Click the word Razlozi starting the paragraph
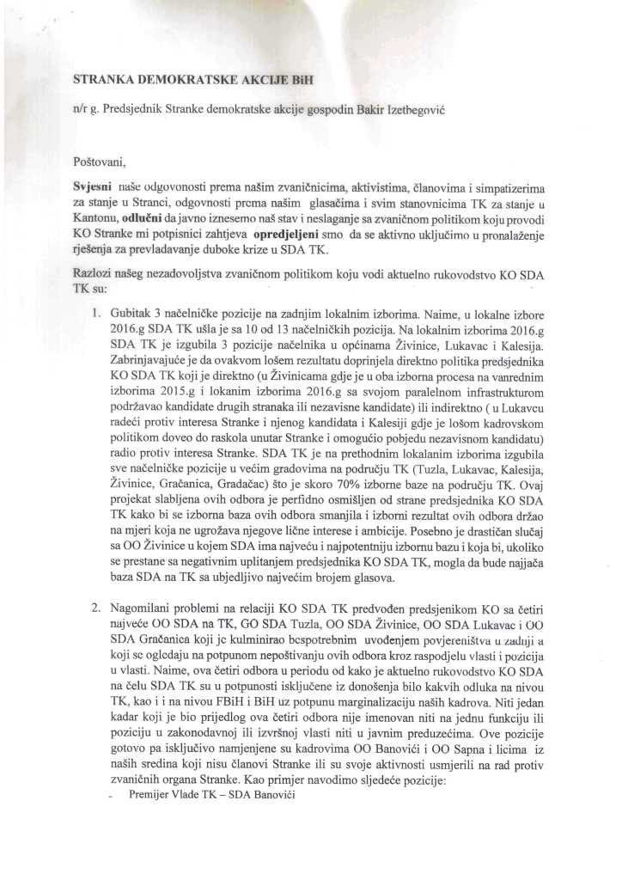pos(92,271)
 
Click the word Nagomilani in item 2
pos(147,608)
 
